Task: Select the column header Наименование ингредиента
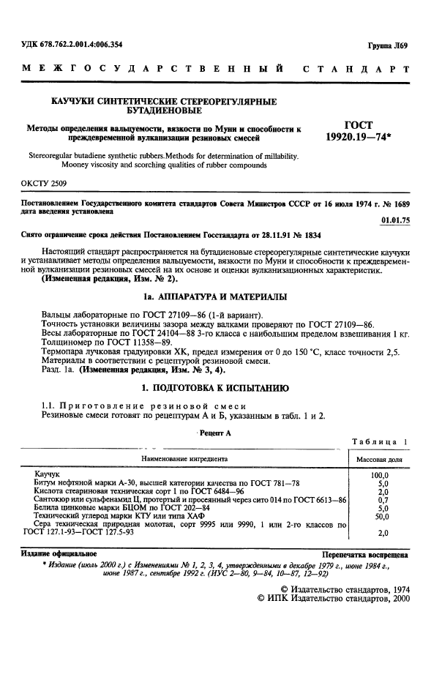point(179,459)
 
